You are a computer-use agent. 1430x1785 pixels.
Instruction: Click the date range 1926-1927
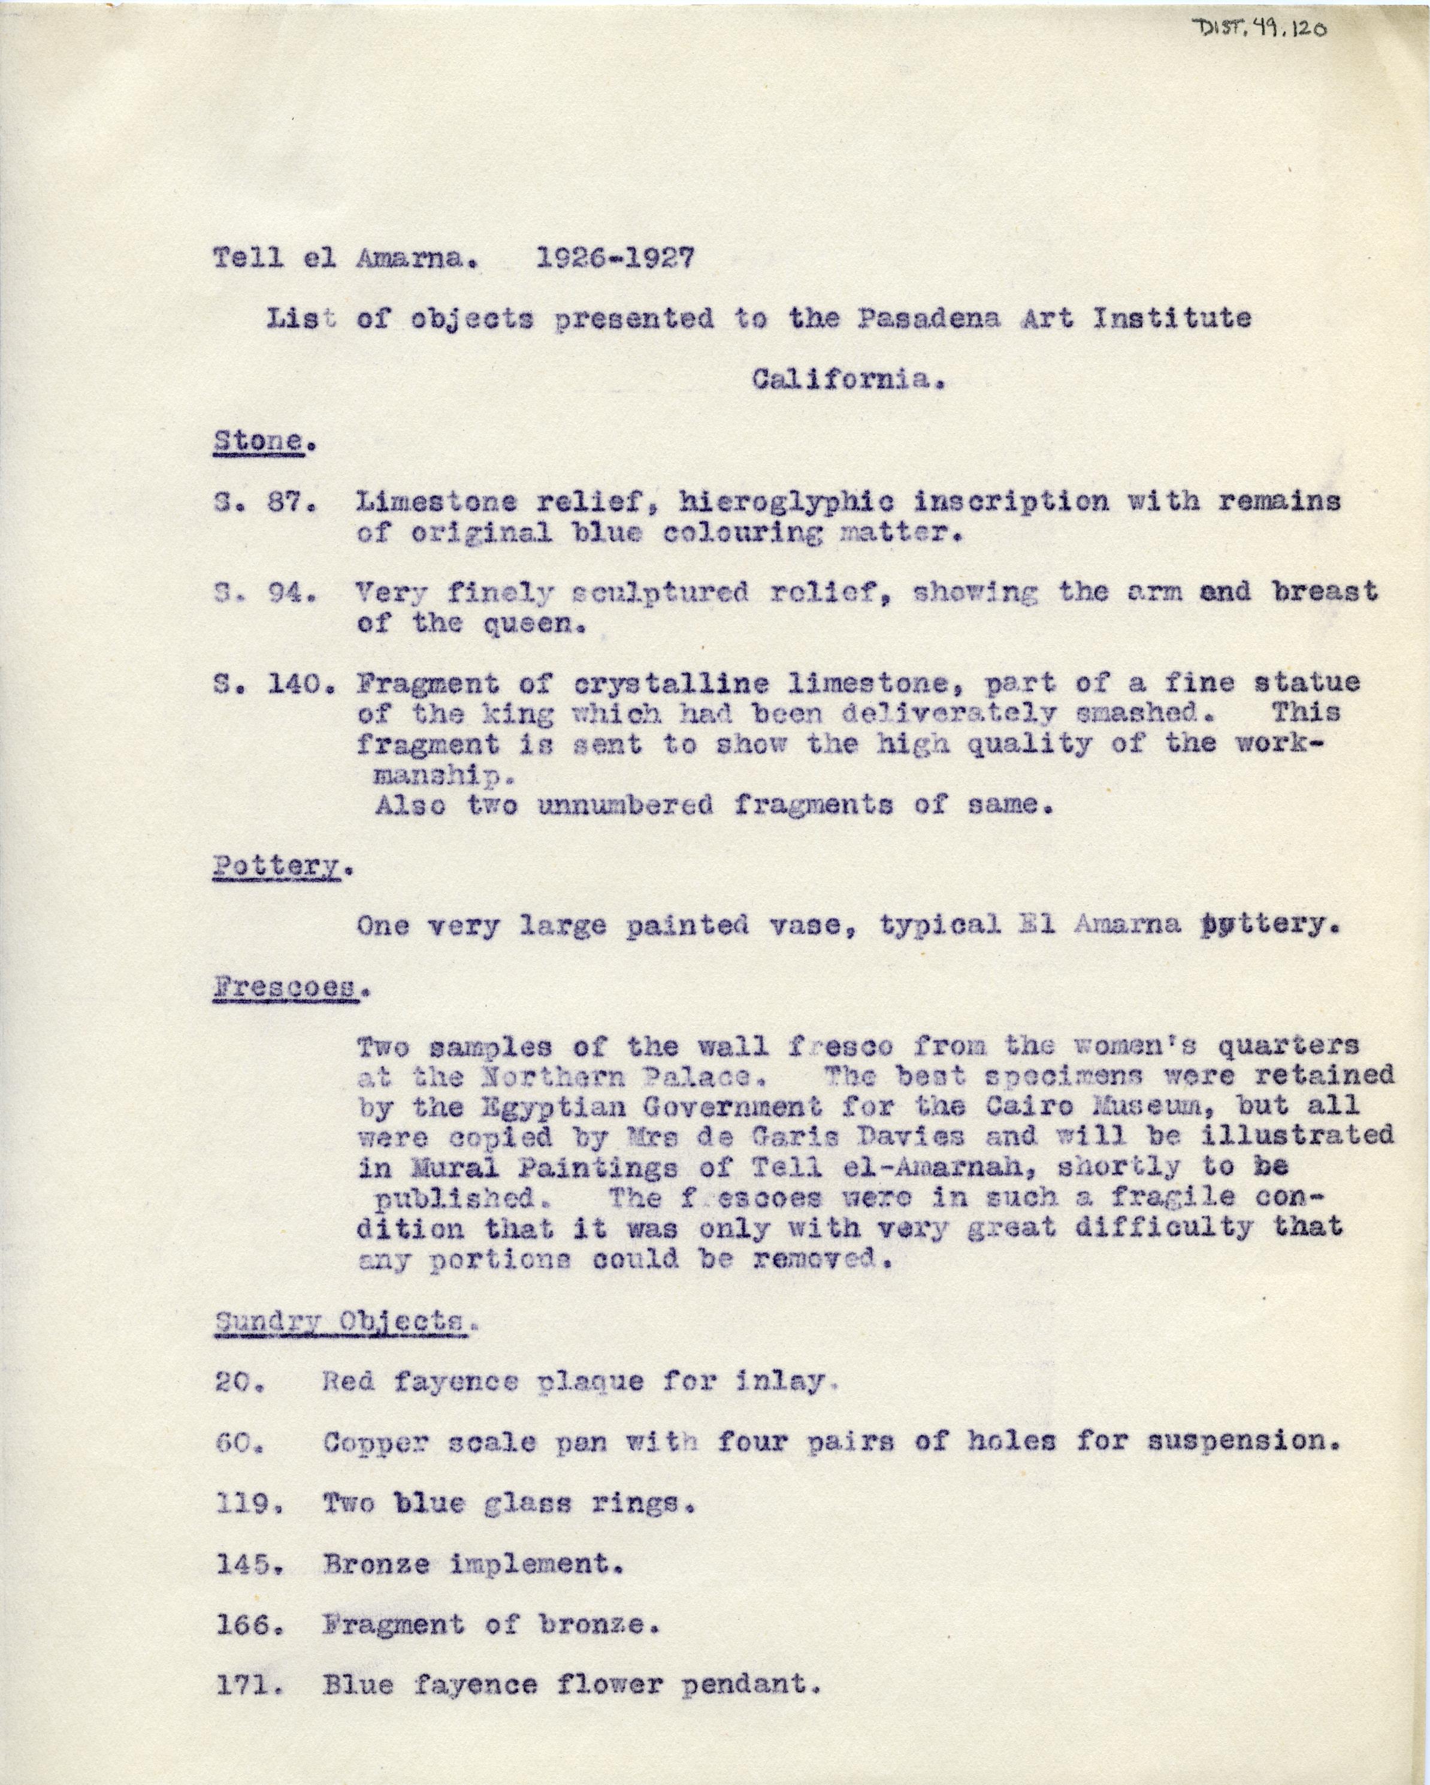615,258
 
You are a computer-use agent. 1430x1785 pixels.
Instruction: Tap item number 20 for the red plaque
239,1383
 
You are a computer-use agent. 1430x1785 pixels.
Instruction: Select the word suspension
1243,1442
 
